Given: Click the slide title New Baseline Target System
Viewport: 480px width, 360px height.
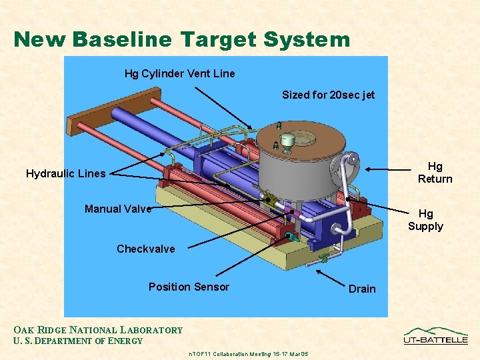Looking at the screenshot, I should click(x=181, y=39).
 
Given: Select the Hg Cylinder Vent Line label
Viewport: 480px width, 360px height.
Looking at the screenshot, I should click(x=179, y=73).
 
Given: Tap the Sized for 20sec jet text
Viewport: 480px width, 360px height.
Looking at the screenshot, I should click(x=328, y=95).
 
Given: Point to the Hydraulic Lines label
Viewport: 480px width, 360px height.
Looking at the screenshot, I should click(x=65, y=173).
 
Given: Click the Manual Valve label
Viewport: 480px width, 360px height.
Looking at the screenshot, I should click(x=118, y=209).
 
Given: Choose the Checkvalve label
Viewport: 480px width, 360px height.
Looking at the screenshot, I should click(x=145, y=249).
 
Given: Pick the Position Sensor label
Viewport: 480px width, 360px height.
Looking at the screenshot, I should click(x=189, y=287).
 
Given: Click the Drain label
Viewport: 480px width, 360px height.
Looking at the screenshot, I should click(x=362, y=289).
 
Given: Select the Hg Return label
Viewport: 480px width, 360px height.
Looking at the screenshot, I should click(x=435, y=172).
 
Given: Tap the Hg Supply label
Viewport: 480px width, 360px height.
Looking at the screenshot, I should click(x=425, y=219).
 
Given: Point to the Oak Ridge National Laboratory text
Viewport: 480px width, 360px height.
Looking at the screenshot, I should click(x=98, y=329).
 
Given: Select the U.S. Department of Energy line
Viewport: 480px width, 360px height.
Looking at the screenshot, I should click(x=78, y=341).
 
